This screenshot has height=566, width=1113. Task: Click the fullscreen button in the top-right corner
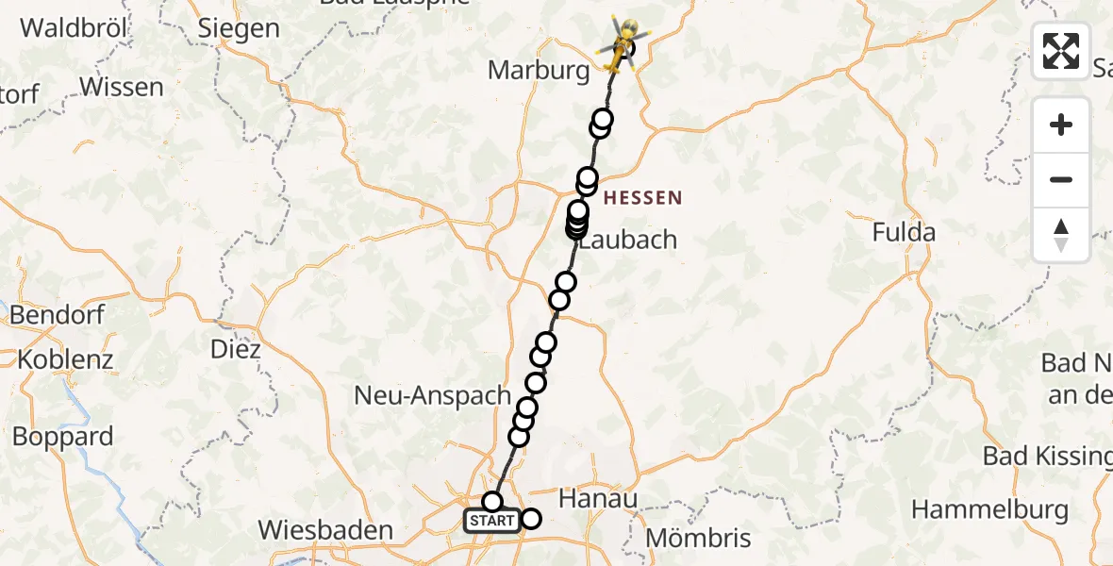click(1061, 51)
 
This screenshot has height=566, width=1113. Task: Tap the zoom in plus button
click(1061, 125)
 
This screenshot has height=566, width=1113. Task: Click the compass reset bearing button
click(1061, 235)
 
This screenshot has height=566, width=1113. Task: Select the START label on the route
click(492, 521)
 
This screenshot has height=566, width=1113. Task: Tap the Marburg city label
click(540, 71)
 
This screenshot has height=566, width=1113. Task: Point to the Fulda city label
click(904, 232)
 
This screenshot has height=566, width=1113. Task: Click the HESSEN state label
click(641, 198)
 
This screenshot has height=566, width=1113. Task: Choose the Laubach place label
click(628, 240)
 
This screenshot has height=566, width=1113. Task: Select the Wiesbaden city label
click(324, 530)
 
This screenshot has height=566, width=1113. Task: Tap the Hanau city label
click(598, 498)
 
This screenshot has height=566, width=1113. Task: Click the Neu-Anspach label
click(432, 395)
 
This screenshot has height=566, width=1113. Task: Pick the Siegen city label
click(239, 28)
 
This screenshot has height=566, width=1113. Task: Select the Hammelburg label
click(989, 510)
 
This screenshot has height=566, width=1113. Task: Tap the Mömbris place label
click(698, 539)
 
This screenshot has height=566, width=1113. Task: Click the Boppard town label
click(62, 437)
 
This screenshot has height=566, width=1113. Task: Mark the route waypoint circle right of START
click(532, 518)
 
